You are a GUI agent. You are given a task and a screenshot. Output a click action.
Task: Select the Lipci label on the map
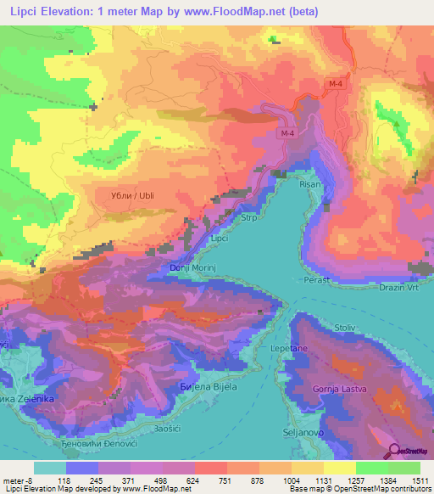(x=220, y=239)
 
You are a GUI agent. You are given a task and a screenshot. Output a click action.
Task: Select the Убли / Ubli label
(x=131, y=195)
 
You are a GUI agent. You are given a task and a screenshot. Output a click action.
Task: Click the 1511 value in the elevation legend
(x=420, y=480)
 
